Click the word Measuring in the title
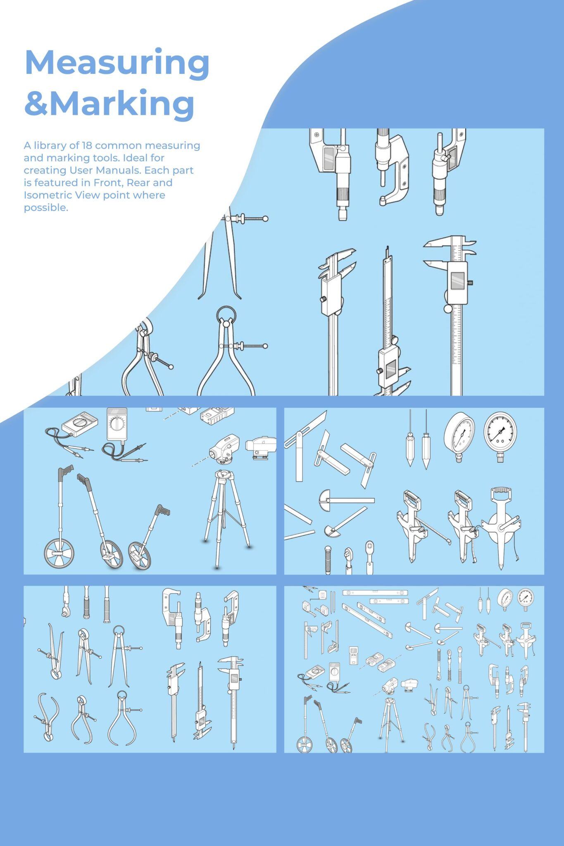tap(117, 63)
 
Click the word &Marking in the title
tap(109, 103)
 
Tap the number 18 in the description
tap(87, 145)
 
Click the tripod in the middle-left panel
tap(225, 516)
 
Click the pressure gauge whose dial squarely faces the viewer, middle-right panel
tap(500, 432)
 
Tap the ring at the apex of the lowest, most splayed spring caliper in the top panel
tap(226, 314)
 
